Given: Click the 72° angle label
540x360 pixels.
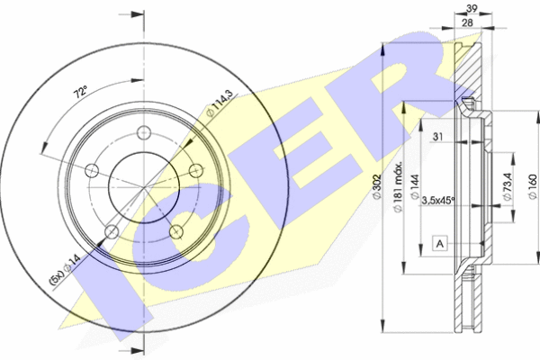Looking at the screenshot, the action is (80, 93).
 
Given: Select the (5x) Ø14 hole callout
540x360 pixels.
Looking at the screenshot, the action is (66, 269).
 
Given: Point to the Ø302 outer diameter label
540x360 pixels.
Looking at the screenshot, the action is (377, 186).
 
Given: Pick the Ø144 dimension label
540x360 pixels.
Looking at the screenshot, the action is (415, 187).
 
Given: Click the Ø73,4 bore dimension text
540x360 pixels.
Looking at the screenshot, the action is (508, 186).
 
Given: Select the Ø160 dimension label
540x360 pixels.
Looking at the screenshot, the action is (533, 186).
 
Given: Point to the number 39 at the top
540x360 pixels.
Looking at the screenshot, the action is (472, 9).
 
